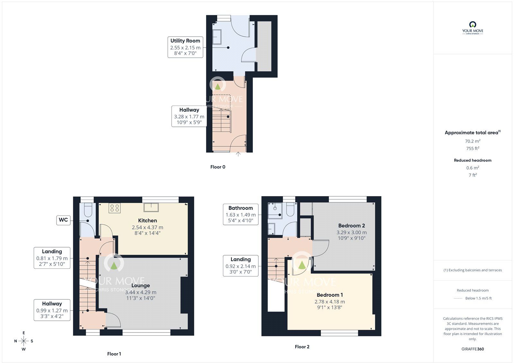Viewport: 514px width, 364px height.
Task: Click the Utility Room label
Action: point(185,41)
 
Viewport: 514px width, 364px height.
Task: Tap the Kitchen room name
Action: point(147,220)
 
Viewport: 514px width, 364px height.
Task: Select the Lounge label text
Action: point(141,285)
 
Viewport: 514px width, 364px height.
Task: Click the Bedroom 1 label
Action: point(330,295)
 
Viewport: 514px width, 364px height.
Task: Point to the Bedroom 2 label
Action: point(351,226)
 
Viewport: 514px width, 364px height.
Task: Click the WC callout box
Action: point(63,220)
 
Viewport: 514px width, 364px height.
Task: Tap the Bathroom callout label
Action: point(241,214)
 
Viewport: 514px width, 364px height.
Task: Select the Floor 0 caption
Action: point(218,167)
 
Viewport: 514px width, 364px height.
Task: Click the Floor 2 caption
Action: point(302,347)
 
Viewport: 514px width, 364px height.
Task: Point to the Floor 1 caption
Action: point(114,354)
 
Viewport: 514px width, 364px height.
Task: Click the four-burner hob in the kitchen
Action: point(114,208)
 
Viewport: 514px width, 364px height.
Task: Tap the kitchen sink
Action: point(151,207)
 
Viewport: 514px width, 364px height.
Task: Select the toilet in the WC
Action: point(88,210)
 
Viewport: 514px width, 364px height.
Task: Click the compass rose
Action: point(24,341)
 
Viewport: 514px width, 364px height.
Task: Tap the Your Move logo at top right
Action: point(473,28)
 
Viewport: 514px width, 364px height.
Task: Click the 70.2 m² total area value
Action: point(473,141)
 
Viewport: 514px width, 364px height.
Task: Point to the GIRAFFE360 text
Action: point(473,349)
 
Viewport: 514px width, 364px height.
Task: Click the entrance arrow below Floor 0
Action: point(238,154)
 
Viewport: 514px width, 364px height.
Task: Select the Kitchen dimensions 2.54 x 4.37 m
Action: point(147,228)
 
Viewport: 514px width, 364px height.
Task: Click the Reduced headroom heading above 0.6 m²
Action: point(473,160)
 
